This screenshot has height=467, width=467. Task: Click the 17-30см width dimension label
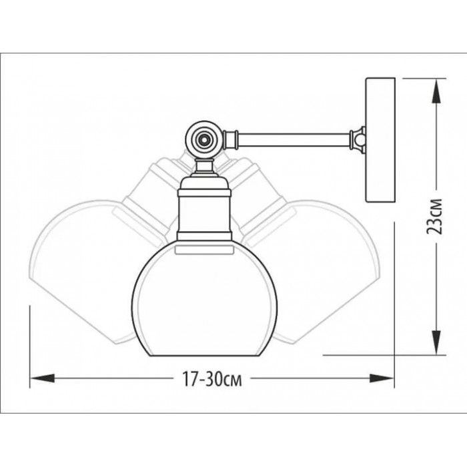[x=211, y=379]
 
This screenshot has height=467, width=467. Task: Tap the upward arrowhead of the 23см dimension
[x=436, y=91]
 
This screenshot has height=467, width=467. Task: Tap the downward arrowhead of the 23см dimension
[x=436, y=342]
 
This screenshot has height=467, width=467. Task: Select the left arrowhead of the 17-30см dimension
[x=42, y=378]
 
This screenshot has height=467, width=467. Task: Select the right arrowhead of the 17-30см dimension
[x=382, y=378]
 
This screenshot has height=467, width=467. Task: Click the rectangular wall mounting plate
[x=380, y=140]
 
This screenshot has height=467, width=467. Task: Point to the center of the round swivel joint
[x=204, y=139]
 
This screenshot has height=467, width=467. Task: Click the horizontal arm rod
[x=294, y=140]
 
